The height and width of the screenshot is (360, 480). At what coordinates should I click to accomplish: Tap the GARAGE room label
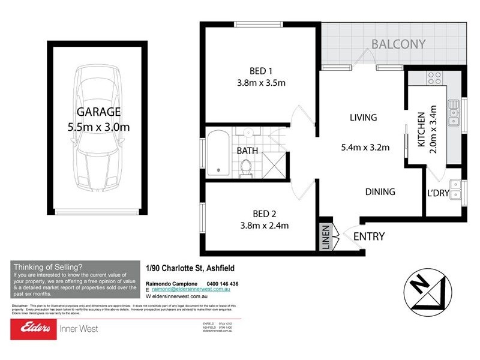(x=98, y=112)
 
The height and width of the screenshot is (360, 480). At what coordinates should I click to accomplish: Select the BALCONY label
(x=398, y=44)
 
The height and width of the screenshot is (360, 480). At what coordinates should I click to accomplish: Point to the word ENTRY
(x=368, y=236)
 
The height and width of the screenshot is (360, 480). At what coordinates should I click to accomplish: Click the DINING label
(x=380, y=192)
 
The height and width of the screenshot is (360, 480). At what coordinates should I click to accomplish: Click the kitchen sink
(x=453, y=115)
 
